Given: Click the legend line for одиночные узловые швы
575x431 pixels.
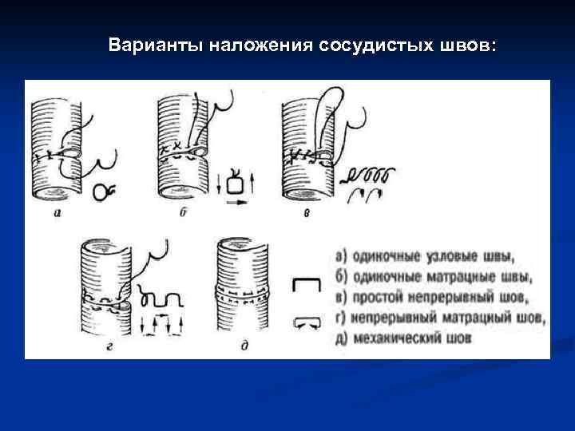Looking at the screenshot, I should point(425,257).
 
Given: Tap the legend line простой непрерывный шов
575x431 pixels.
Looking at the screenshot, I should point(432,298).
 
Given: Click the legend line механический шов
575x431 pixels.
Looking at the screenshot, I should point(404,338).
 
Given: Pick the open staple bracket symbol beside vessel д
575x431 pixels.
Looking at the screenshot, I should point(306,285).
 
